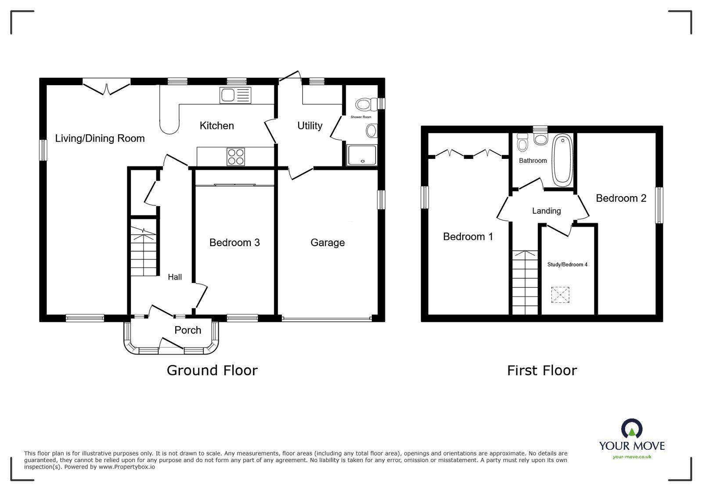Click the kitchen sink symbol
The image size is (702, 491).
(235, 95)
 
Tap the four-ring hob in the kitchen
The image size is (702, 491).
(236, 157)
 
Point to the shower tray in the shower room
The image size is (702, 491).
(362, 155)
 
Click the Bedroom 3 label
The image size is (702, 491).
(234, 242)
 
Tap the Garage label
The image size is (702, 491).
(328, 242)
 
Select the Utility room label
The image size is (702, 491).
(310, 125)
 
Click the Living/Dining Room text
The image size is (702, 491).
(100, 138)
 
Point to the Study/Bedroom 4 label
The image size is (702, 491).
(567, 265)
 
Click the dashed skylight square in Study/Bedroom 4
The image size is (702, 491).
(560, 294)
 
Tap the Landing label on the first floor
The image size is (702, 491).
(546, 211)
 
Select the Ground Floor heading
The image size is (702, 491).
(212, 370)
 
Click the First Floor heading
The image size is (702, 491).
(542, 370)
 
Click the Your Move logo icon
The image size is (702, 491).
(632, 428)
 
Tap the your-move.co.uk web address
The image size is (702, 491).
(632, 457)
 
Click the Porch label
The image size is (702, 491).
(187, 330)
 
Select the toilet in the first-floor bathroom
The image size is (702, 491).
(522, 142)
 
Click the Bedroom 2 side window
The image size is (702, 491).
(659, 205)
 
